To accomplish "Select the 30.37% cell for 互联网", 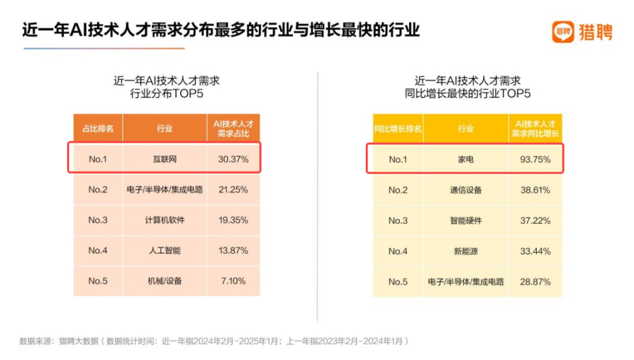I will [x=233, y=159].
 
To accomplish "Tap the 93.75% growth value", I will [x=535, y=159].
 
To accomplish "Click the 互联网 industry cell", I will [x=164, y=159].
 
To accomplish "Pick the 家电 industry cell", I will [x=466, y=159].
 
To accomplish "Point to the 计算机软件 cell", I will [x=164, y=220].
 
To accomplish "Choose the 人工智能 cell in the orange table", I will [x=164, y=250].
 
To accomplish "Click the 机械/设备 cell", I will [x=164, y=281].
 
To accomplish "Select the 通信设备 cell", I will [x=466, y=190].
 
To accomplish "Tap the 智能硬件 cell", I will [x=466, y=220].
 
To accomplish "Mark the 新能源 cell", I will [x=466, y=251].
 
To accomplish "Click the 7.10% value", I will [x=233, y=281].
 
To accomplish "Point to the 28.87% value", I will [x=535, y=281].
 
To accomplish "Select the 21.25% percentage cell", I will [x=233, y=190].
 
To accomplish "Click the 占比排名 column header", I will [x=97, y=128].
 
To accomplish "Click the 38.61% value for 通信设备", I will [x=535, y=190].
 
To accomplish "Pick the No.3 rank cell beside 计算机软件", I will [x=97, y=220].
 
